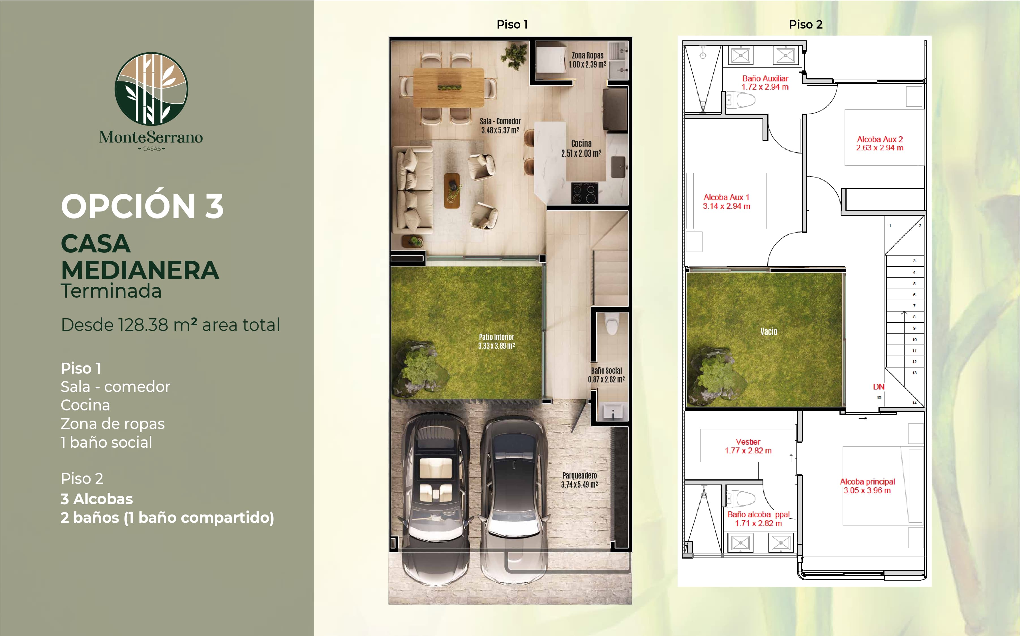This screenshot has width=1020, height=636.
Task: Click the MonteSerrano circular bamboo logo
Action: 151,89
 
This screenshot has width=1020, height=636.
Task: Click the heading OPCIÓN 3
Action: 142,206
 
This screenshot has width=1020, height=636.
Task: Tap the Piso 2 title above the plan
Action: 805,24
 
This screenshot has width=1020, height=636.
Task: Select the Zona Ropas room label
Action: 587,55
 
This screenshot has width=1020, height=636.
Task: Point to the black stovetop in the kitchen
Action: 584,193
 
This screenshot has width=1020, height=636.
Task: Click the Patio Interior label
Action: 496,337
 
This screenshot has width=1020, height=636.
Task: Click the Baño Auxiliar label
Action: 765,78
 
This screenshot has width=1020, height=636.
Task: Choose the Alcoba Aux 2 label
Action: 880,139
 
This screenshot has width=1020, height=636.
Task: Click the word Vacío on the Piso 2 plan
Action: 769,332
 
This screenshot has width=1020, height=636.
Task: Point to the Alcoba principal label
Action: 867,482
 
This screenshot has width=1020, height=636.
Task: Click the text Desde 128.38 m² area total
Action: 171,325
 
